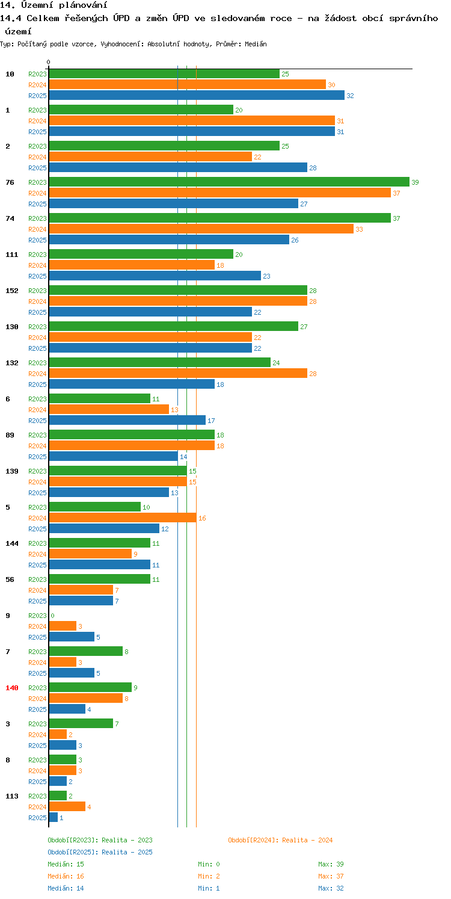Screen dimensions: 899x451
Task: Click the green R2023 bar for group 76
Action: pyautogui.click(x=229, y=182)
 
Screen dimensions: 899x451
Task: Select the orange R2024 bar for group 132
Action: pyautogui.click(x=178, y=373)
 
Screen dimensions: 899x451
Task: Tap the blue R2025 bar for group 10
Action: pyautogui.click(x=197, y=95)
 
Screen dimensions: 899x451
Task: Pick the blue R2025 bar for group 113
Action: pyautogui.click(x=54, y=817)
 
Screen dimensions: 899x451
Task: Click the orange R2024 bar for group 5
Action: pyautogui.click(x=123, y=517)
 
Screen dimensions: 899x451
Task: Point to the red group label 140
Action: pyautogui.click(x=12, y=688)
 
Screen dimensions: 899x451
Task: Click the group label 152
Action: pyautogui.click(x=12, y=291)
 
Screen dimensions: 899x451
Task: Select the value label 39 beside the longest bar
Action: pyautogui.click(x=415, y=182)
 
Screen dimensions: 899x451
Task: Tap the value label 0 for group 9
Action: pyautogui.click(x=52, y=616)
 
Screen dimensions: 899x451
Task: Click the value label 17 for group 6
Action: pyautogui.click(x=211, y=421)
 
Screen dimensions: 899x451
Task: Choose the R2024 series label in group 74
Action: pyautogui.click(x=37, y=229)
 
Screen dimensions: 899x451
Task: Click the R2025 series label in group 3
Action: pyautogui.click(x=37, y=746)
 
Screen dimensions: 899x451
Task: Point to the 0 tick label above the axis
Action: pyautogui.click(x=49, y=62)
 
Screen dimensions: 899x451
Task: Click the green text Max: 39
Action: pyautogui.click(x=331, y=864)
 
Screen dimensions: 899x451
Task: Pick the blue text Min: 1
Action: pyautogui.click(x=209, y=888)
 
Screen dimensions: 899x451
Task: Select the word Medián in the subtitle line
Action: pyautogui.click(x=256, y=44)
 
